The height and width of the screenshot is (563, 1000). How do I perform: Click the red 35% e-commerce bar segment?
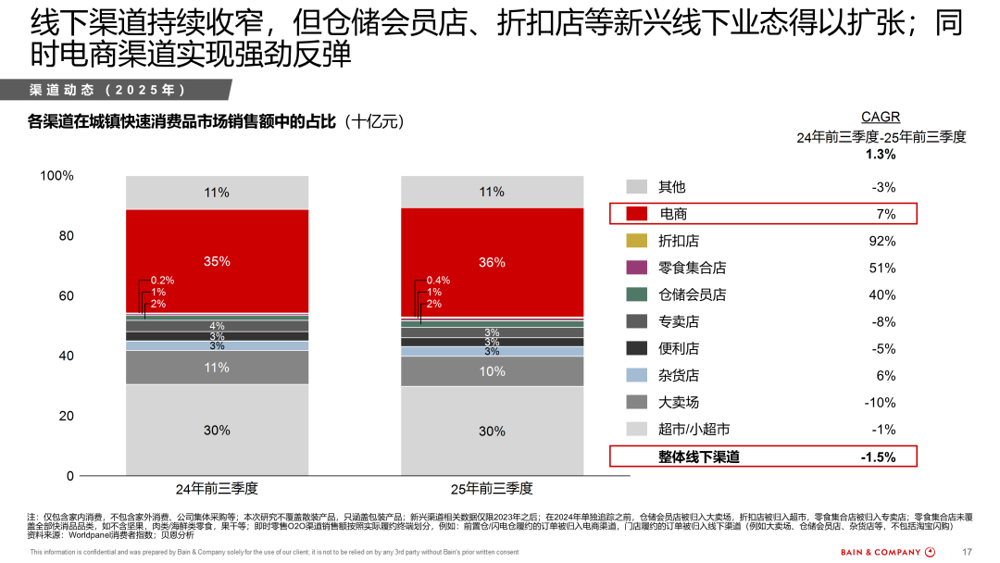[x=217, y=261]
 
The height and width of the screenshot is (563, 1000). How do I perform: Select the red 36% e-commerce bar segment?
[x=492, y=262]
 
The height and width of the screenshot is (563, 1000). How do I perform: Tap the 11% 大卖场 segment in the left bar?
[x=217, y=368]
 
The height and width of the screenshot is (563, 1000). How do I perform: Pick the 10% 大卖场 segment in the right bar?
[x=492, y=371]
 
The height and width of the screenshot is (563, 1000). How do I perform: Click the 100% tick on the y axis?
[x=57, y=176]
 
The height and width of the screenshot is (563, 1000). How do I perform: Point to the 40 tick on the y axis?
[x=67, y=356]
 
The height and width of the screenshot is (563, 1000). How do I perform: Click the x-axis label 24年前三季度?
[x=217, y=488]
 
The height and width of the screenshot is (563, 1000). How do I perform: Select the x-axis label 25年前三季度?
[x=492, y=488]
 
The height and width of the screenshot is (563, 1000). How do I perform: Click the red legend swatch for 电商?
[x=636, y=214]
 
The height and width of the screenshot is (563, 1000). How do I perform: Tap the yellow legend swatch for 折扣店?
[x=636, y=241]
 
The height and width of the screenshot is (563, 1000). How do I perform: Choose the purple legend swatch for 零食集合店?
[x=636, y=268]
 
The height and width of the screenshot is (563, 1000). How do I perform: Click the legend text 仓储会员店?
[x=692, y=294]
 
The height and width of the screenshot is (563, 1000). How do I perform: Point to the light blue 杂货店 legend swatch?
[x=636, y=375]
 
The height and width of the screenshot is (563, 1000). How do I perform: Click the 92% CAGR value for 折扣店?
[x=881, y=241]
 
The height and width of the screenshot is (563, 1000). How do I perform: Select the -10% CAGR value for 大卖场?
[x=880, y=402]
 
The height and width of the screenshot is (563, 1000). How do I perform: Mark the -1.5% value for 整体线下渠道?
[x=878, y=457]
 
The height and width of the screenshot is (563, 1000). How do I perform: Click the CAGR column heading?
[x=881, y=118]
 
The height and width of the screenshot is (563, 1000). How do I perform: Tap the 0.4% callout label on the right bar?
[x=438, y=280]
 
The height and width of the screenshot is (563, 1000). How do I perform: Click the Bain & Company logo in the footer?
[x=888, y=552]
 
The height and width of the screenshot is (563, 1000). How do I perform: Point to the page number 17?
[x=968, y=552]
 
